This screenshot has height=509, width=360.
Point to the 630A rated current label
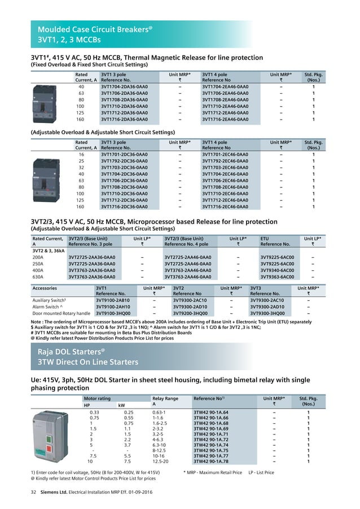(x=41, y=277)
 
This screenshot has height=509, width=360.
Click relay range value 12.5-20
(x=163, y=462)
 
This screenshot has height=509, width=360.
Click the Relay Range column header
(x=165, y=399)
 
